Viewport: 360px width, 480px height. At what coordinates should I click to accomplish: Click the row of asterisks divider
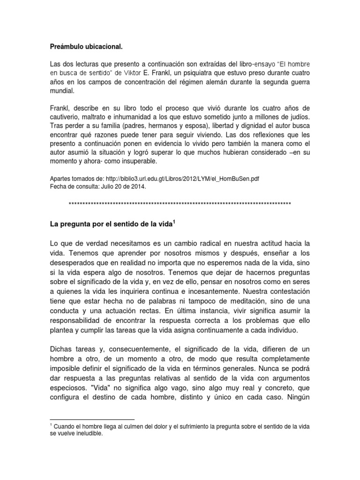click(x=180, y=204)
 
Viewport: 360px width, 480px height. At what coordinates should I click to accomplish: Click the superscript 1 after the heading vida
click(x=174, y=221)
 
